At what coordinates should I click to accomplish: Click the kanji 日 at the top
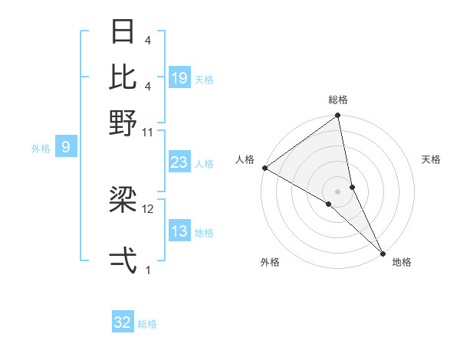click(123, 33)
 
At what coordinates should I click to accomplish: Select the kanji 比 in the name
click(123, 77)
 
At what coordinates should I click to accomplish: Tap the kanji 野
click(123, 123)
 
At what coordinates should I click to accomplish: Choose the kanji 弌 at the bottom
click(123, 260)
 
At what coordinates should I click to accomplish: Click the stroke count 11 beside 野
click(148, 132)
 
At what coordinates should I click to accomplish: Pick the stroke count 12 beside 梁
click(148, 208)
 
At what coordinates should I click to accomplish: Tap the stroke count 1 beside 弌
click(148, 270)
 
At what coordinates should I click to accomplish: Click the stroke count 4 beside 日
click(148, 40)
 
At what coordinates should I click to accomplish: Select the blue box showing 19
click(179, 78)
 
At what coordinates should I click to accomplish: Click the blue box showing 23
click(179, 162)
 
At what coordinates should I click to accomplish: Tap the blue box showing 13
click(179, 232)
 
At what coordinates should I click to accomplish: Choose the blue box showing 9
click(66, 147)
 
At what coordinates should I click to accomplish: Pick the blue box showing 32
click(123, 322)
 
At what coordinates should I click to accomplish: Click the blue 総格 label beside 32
click(148, 324)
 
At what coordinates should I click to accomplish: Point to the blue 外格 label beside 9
click(41, 149)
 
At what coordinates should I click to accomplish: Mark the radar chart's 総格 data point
click(337, 116)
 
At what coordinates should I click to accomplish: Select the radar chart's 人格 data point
click(264, 168)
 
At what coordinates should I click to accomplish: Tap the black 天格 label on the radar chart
click(432, 159)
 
